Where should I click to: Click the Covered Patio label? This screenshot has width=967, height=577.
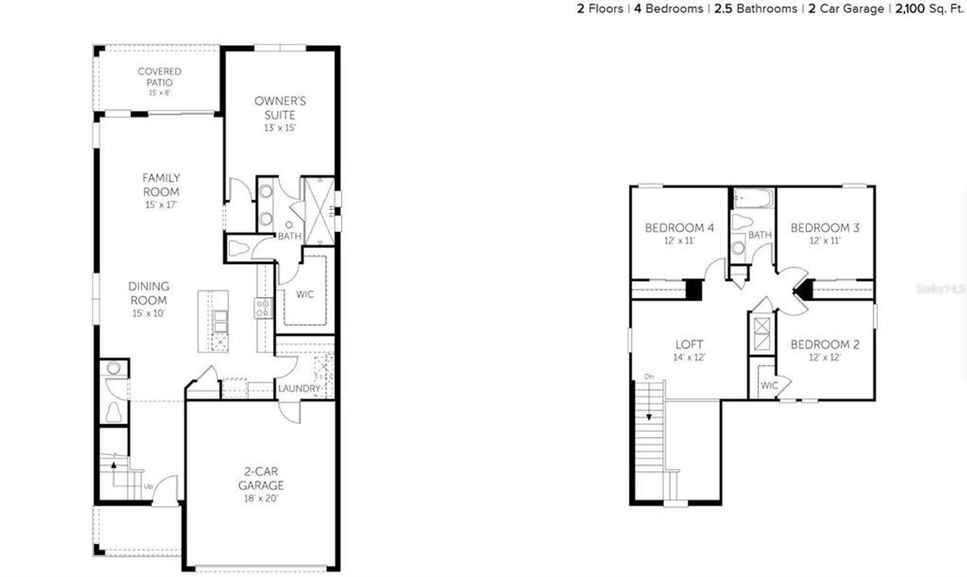(x=159, y=76)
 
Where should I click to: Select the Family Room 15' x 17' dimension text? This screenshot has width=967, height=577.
(x=162, y=205)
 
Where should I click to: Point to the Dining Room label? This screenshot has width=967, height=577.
(x=149, y=293)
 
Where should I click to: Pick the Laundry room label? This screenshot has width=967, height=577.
(x=300, y=389)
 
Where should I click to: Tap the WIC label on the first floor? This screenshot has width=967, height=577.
(x=304, y=294)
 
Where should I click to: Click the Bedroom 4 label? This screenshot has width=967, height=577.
(x=679, y=228)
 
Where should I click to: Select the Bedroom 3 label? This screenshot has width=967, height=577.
(x=825, y=228)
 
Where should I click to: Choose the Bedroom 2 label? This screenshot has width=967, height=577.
(x=825, y=345)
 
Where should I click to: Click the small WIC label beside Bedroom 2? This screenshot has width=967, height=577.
(x=769, y=386)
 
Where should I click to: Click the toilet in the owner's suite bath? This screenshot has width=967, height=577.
(x=240, y=248)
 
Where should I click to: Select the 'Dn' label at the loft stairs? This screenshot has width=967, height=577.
(x=648, y=376)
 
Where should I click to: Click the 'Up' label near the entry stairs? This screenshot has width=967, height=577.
(x=148, y=485)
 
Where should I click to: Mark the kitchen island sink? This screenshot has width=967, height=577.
(x=219, y=321)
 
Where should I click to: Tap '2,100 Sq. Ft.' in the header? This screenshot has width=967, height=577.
(x=929, y=9)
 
